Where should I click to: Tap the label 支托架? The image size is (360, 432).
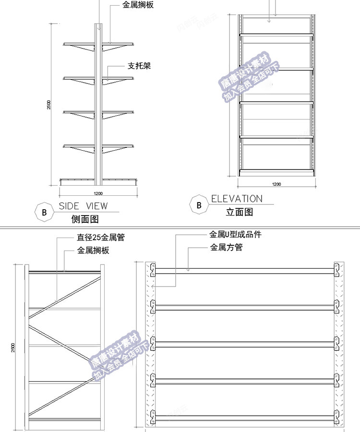click(139, 66)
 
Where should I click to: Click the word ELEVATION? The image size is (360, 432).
click(237, 199)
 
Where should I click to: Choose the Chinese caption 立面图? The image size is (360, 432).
click(239, 212)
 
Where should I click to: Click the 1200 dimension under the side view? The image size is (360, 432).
click(98, 193)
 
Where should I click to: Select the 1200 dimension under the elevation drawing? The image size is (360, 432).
click(276, 184)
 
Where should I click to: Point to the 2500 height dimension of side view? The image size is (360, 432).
click(49, 105)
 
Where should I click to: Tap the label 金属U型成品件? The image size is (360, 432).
click(235, 235)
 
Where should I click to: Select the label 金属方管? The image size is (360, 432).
click(226, 248)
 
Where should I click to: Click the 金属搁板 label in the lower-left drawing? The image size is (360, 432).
click(94, 251)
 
